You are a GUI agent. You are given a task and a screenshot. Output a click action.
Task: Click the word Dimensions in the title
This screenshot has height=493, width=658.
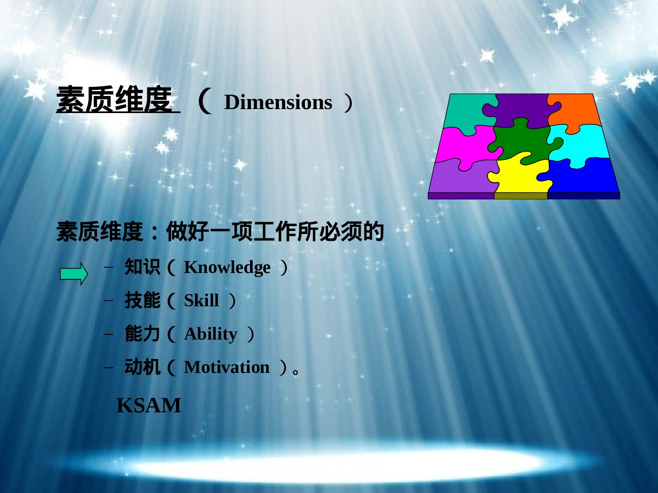[278, 103]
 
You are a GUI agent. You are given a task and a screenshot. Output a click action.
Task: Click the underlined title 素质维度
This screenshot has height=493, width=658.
[115, 100]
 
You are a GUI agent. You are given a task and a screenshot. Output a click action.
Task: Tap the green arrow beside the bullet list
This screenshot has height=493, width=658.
[74, 274]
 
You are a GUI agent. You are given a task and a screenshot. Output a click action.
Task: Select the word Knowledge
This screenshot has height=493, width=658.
[227, 267]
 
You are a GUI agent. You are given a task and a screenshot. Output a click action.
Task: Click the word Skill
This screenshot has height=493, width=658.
[201, 301]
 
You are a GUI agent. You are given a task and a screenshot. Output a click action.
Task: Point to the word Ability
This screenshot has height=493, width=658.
[211, 334]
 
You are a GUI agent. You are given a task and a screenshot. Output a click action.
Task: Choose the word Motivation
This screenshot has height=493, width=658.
[226, 367]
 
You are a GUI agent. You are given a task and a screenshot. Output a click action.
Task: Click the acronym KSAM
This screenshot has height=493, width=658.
[149, 405]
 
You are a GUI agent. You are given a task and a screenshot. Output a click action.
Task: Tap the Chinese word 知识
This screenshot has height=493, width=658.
[142, 267]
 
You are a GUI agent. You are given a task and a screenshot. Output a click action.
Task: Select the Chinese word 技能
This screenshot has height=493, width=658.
[142, 301]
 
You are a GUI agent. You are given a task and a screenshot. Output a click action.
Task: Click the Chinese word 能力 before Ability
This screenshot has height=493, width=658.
[142, 334]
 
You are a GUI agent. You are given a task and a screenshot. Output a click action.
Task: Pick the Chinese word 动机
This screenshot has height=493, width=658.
[142, 367]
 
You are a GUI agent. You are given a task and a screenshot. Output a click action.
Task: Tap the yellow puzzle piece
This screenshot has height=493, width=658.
[520, 175]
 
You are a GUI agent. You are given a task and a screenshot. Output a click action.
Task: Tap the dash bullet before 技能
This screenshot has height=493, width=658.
[108, 301]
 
